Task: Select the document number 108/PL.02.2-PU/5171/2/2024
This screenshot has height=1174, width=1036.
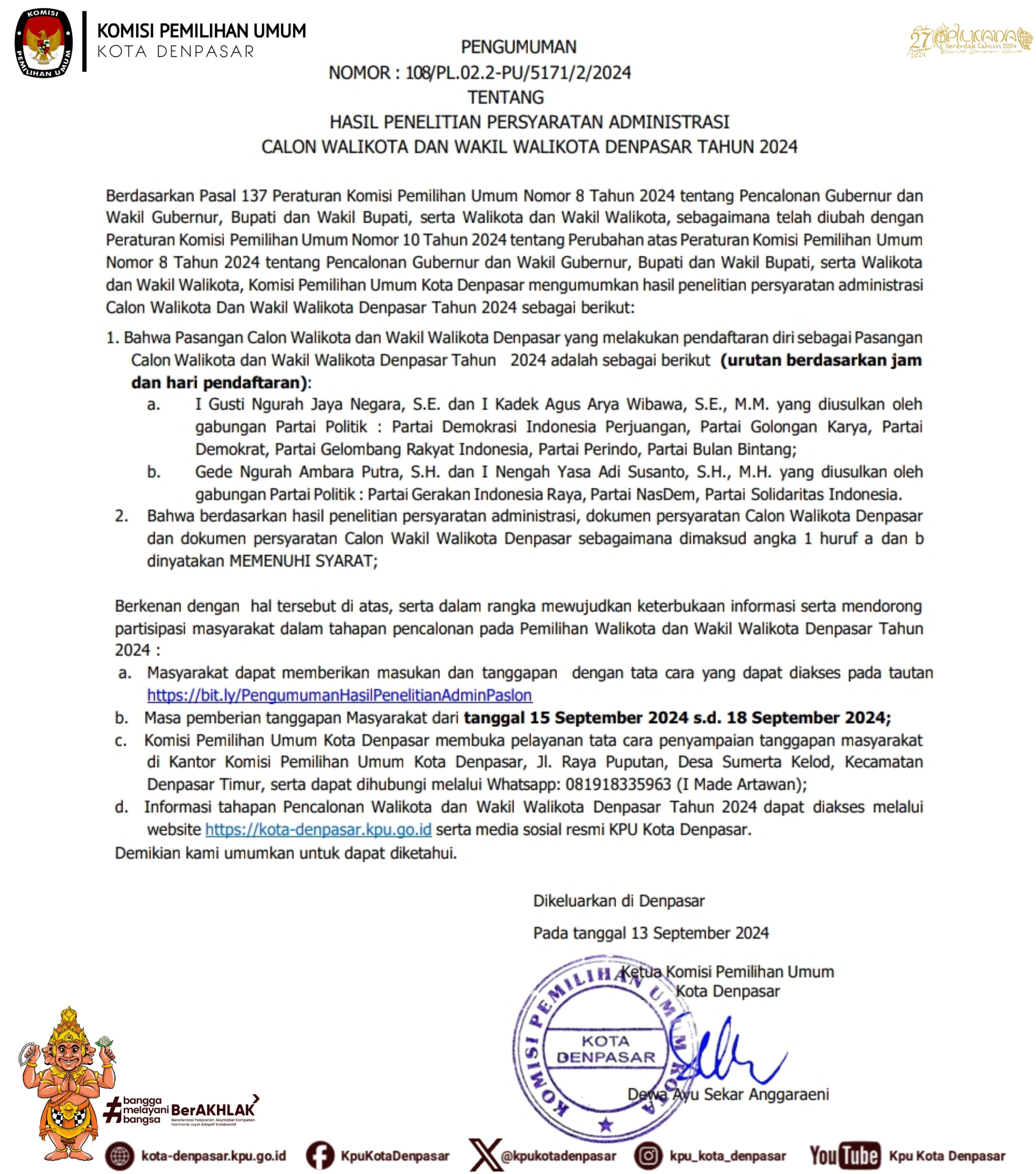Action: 518,73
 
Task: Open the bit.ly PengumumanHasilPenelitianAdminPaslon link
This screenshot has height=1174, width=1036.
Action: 339,695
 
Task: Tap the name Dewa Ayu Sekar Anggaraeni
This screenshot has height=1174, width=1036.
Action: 728,1094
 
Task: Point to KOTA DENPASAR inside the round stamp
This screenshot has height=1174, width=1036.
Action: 606,1049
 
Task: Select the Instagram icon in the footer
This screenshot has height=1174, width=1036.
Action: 648,1156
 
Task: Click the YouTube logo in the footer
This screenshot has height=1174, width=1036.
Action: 844,1156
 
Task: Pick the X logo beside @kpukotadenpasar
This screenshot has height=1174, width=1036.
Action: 485,1154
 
